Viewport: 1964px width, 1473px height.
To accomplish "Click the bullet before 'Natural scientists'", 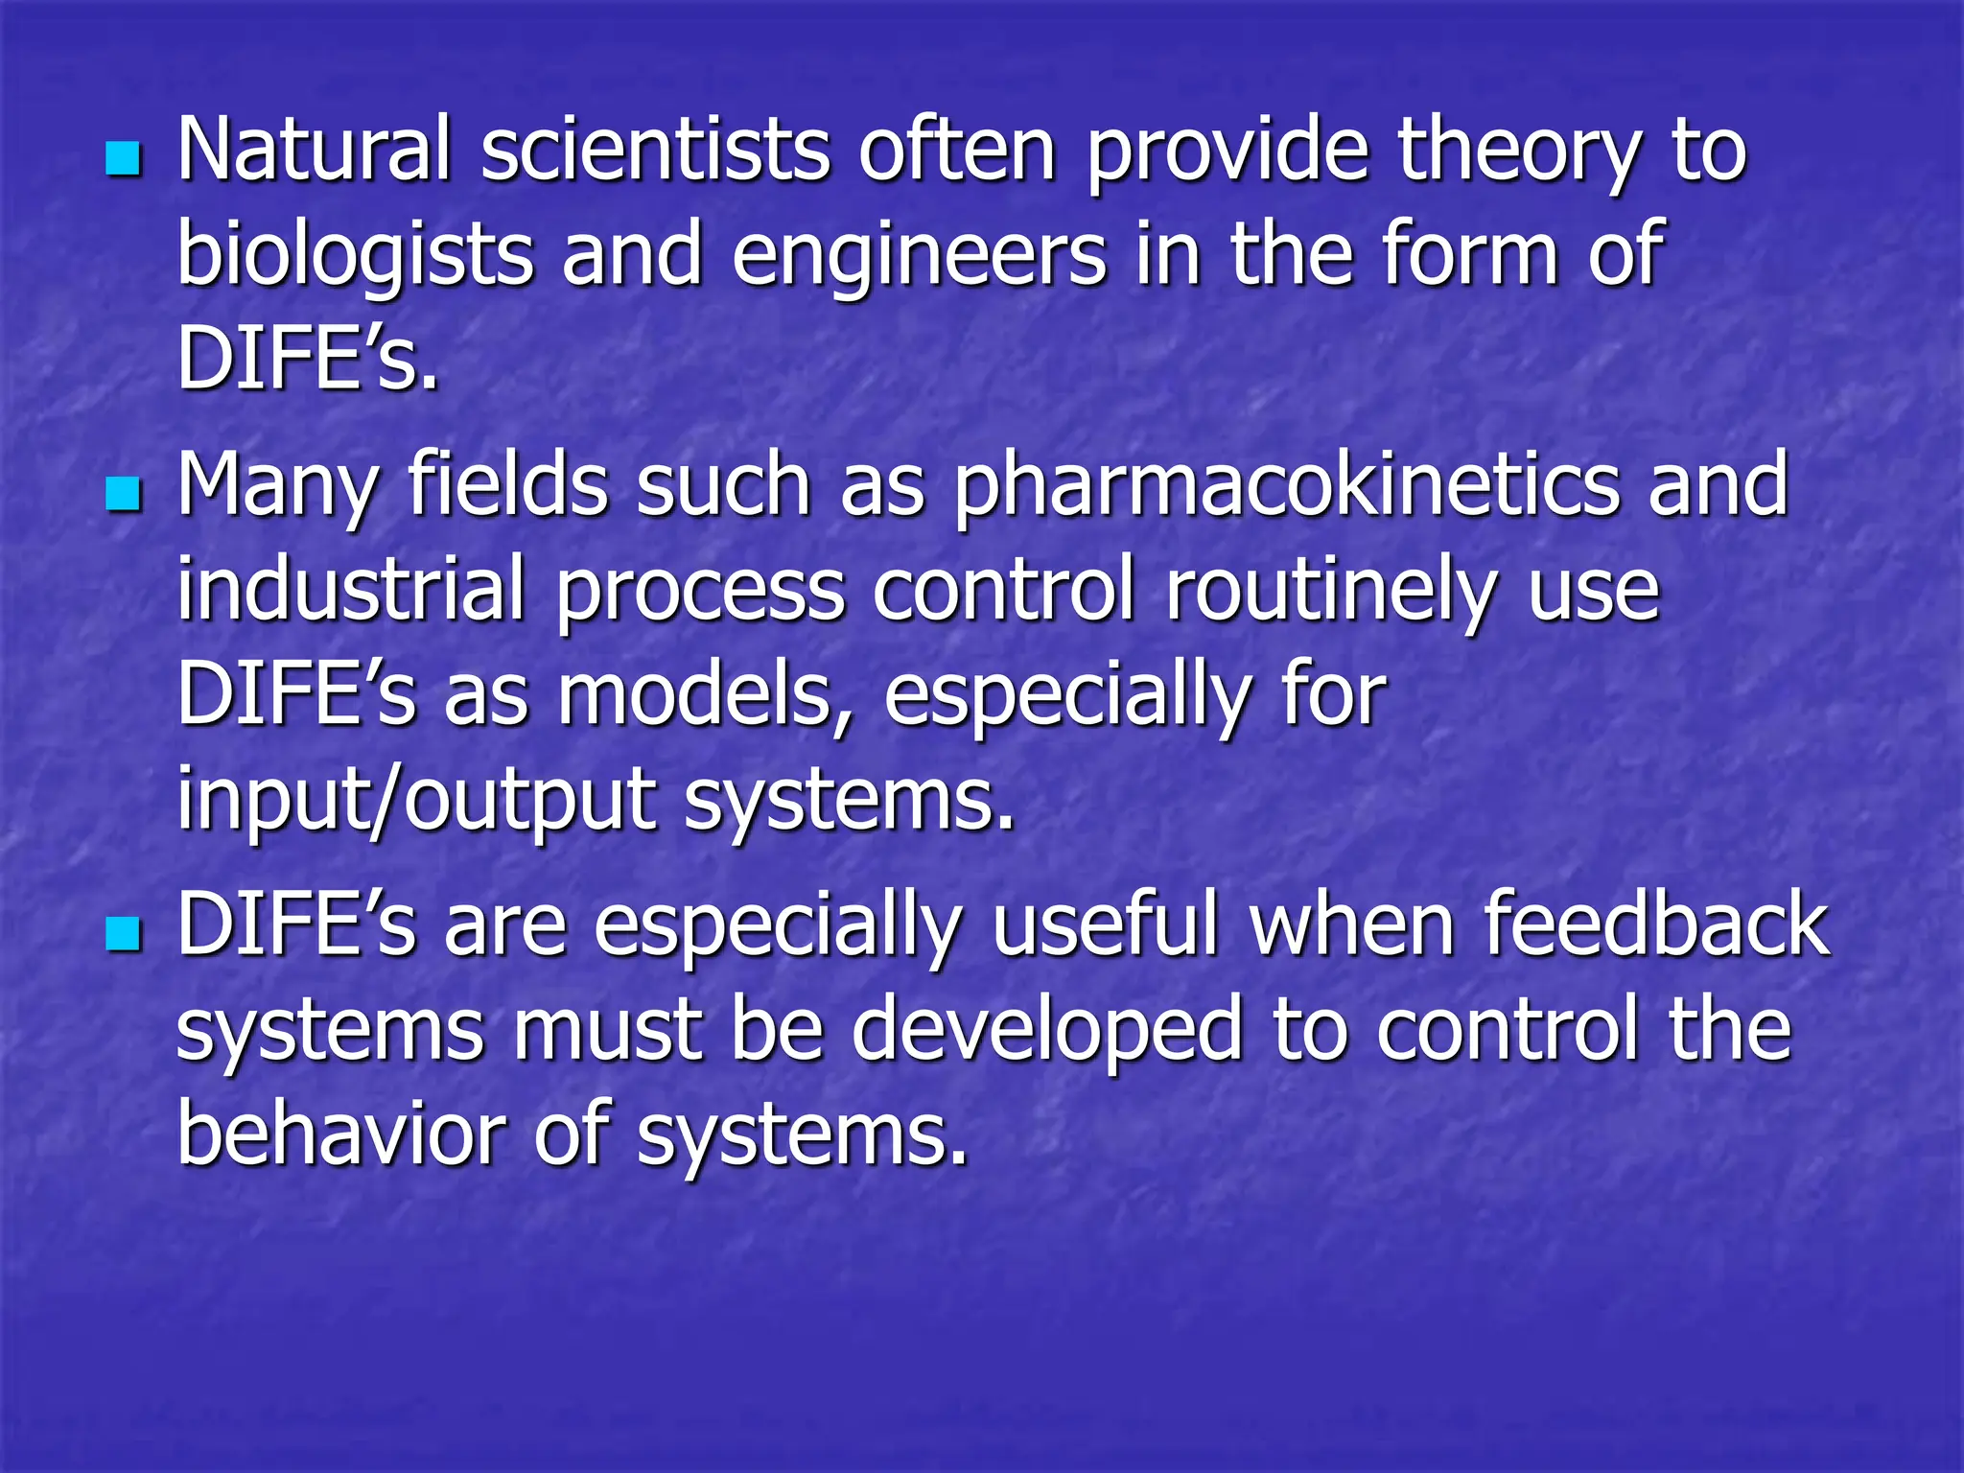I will pyautogui.click(x=124, y=157).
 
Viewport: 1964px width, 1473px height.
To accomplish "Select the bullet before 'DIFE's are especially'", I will pyautogui.click(x=124, y=932).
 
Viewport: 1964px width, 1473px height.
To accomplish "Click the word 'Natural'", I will pyautogui.click(x=314, y=149).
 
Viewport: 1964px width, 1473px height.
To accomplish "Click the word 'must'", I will pyautogui.click(x=607, y=1031).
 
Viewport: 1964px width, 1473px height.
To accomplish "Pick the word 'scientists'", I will pyautogui.click(x=655, y=149).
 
